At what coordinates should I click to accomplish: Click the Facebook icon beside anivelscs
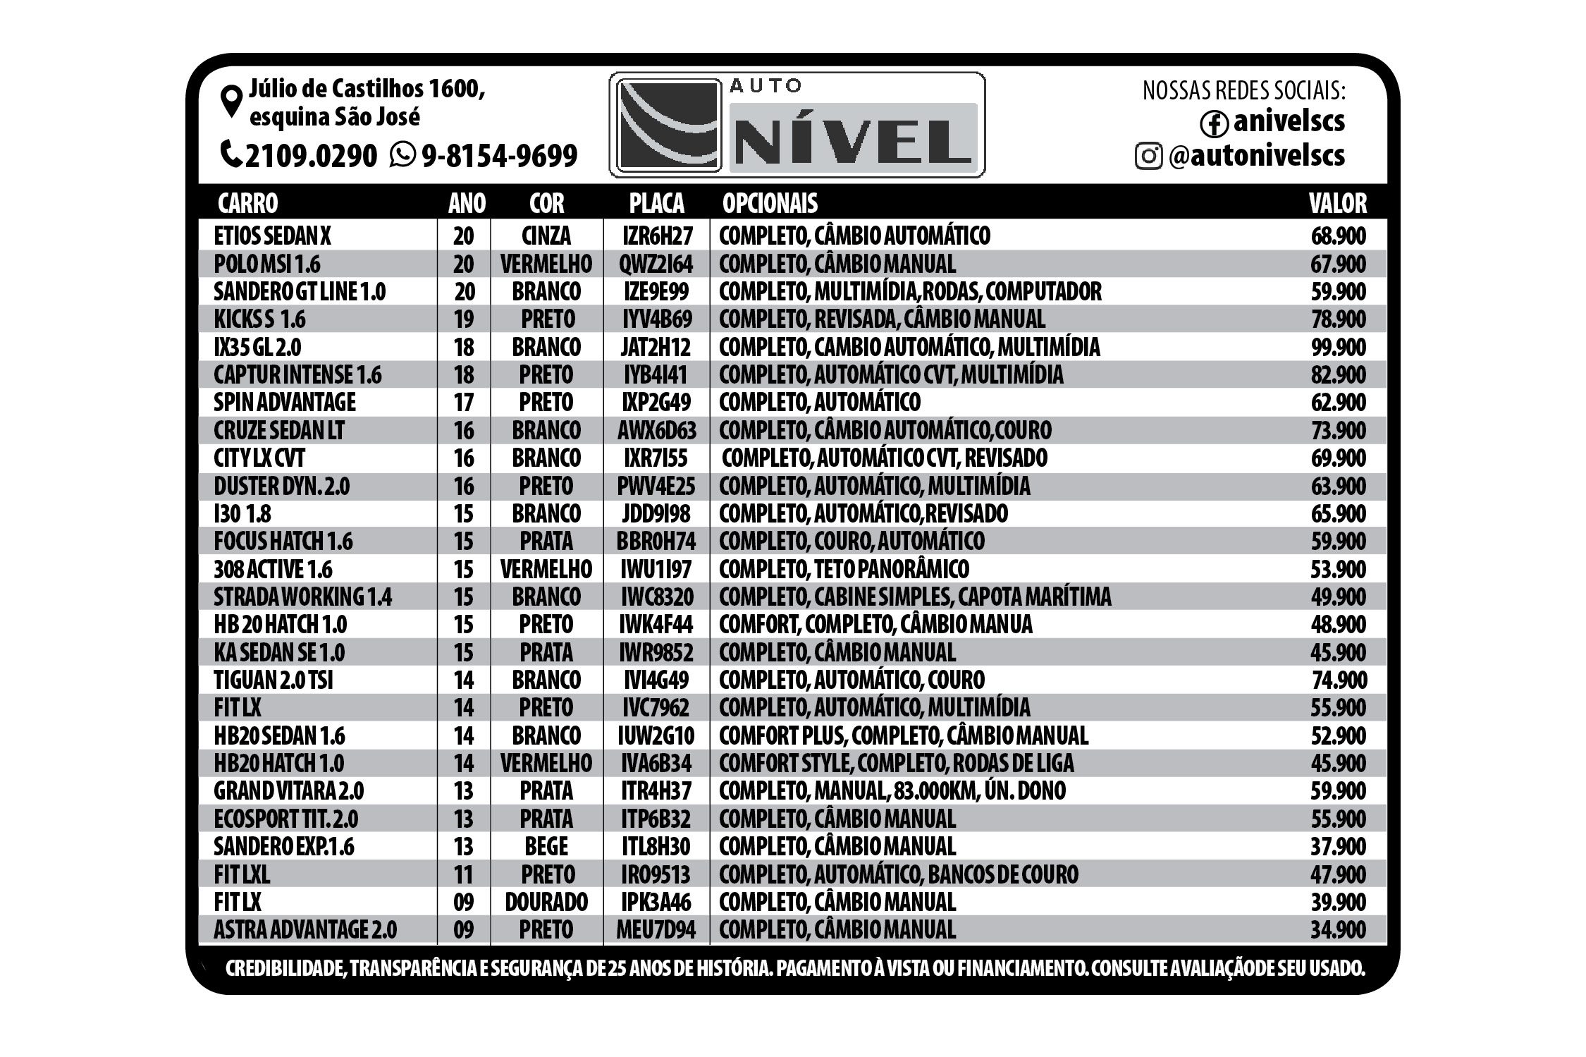pos(1214,124)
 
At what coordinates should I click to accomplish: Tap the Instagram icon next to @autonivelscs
pos(1148,156)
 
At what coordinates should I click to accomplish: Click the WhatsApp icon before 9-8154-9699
pos(402,154)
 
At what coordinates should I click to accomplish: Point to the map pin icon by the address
pos(231,102)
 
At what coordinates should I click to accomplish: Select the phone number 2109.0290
pos(311,156)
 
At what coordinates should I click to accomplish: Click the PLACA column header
pos(656,203)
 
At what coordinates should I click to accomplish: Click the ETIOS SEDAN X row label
pos(272,236)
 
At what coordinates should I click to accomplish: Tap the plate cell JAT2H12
pos(656,347)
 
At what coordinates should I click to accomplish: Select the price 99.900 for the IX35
pos(1338,347)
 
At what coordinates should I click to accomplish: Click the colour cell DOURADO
pos(546,902)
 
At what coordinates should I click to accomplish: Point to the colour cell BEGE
pos(546,846)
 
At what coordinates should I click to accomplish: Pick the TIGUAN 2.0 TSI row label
pos(273,680)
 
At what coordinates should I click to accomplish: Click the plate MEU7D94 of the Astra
pos(656,929)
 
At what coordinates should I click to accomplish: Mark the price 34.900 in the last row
pos(1338,929)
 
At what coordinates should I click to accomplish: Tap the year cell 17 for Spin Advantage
pos(463,403)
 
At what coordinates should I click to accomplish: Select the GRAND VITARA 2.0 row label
pos(289,791)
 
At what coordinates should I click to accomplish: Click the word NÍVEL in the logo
pos(852,140)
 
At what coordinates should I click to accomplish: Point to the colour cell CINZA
pos(546,236)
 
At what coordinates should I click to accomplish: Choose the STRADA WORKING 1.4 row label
pos(302,597)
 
